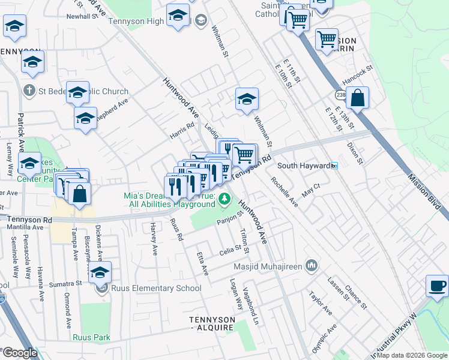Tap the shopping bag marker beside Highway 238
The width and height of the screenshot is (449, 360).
tap(357, 98)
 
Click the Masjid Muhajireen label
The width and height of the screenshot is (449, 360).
tap(270, 265)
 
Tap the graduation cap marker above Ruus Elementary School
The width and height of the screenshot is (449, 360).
tap(100, 272)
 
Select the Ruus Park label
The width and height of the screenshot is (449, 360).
tap(91, 337)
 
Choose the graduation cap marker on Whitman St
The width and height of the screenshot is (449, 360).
tap(247, 100)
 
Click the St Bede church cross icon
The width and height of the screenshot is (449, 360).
tap(28, 91)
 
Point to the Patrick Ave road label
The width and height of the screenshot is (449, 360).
tap(22, 132)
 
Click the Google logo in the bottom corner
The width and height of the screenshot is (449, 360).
tap(19, 353)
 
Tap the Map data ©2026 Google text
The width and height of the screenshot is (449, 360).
tap(412, 355)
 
